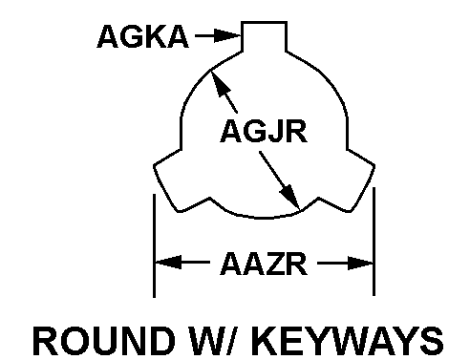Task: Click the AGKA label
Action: (142, 36)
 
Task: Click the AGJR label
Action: (264, 131)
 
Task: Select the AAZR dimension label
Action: (264, 264)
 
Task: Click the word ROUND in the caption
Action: (104, 340)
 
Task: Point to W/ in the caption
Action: (216, 340)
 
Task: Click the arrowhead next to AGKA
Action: (227, 35)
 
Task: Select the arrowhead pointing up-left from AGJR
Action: (220, 83)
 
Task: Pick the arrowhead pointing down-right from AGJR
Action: (290, 198)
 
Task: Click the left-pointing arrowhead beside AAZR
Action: (168, 263)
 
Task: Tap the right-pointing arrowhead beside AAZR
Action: (360, 263)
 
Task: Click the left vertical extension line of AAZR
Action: (154, 245)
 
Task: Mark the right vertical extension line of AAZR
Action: (374, 242)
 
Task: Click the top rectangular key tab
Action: (264, 36)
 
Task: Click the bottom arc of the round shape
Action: (264, 218)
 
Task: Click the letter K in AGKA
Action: (154, 36)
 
